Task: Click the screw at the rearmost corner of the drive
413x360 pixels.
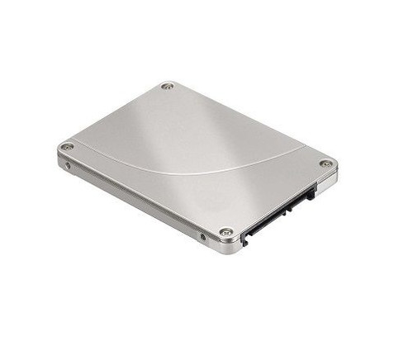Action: tap(167, 86)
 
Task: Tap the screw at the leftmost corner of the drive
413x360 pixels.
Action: tap(68, 147)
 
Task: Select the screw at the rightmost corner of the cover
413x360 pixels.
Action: tap(326, 163)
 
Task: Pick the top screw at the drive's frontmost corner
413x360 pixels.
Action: tap(225, 232)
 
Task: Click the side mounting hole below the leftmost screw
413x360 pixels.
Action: tap(68, 165)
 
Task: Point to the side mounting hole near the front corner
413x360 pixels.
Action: tap(203, 238)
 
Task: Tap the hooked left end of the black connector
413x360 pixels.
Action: tap(245, 240)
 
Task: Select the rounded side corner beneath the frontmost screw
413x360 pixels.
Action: tap(226, 247)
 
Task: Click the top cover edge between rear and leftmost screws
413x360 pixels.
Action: tap(116, 116)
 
